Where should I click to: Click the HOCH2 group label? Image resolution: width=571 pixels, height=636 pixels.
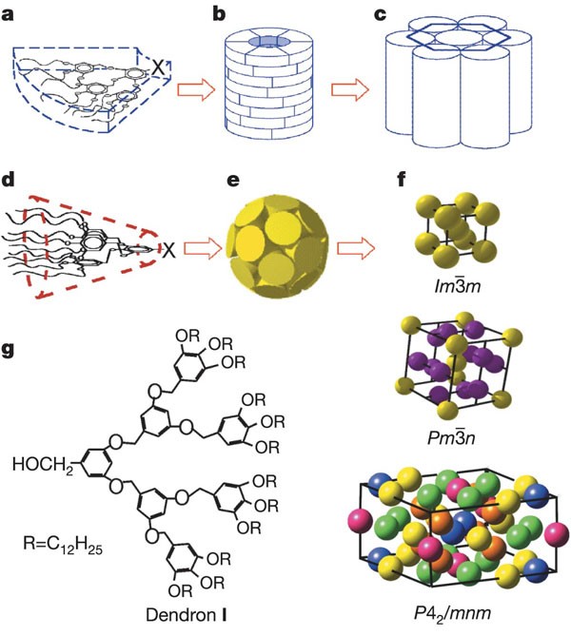click(x=47, y=464)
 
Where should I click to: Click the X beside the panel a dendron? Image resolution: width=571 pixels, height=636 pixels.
click(x=159, y=68)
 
